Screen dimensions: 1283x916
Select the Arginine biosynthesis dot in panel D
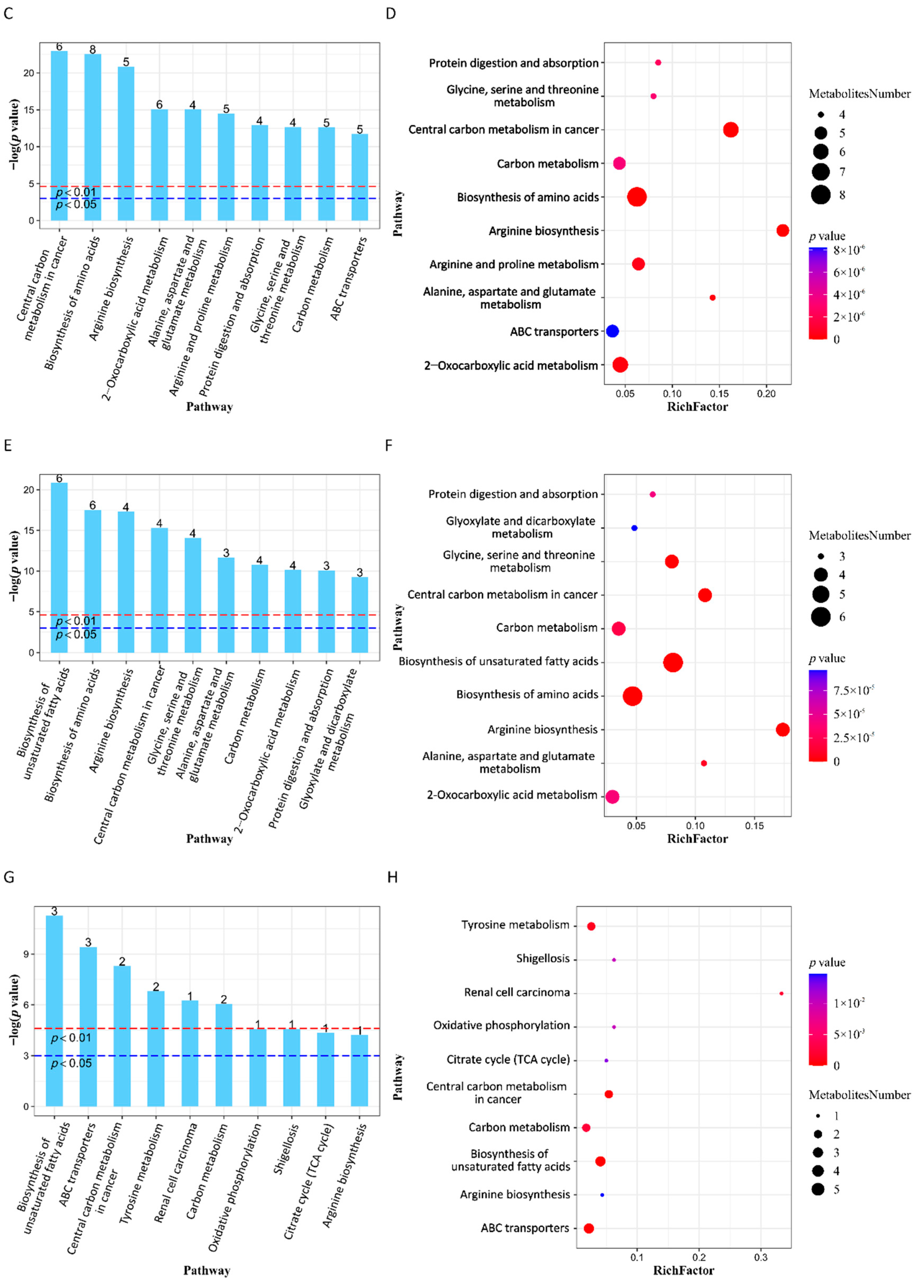tap(782, 230)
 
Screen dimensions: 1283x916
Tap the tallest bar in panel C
tap(59, 135)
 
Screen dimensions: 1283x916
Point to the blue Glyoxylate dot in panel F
tap(634, 528)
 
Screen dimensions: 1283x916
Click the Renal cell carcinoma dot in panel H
tap(781, 993)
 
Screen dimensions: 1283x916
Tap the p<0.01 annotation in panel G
tap(71, 1038)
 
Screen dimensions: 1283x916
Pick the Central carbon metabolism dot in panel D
tap(730, 130)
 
